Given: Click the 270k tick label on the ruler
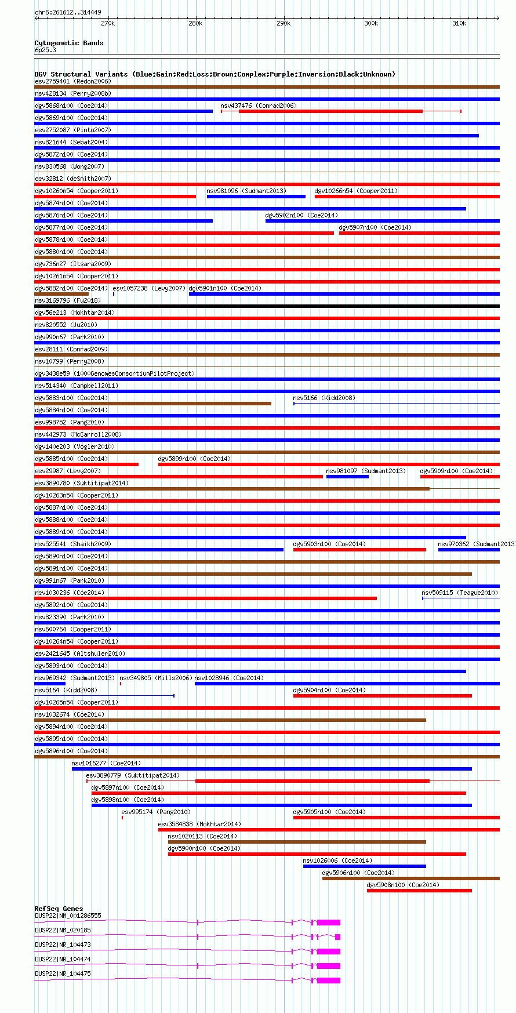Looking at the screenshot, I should [108, 24].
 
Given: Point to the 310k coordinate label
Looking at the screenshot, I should [459, 24].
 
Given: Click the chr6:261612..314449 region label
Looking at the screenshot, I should [68, 12].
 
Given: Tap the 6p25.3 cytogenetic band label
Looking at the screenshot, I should [45, 50].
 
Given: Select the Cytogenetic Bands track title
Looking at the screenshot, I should [68, 43].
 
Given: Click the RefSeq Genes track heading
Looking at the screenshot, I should [59, 909].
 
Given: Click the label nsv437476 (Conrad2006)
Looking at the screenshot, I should [258, 106].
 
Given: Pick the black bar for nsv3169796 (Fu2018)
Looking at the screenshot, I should [267, 306].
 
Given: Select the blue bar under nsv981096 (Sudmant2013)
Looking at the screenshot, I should [256, 197].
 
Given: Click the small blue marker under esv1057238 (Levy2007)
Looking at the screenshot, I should [114, 294].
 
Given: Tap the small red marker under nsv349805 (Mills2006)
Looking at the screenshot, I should [121, 684].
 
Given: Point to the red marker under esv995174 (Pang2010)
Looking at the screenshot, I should [122, 818].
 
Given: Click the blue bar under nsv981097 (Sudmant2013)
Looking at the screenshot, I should [347, 477].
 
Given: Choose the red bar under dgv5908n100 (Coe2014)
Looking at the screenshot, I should [419, 891].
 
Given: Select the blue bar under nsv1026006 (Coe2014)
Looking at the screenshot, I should [364, 866].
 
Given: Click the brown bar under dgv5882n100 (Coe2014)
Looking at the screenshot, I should [61, 294].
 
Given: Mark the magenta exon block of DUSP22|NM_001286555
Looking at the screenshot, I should [329, 922].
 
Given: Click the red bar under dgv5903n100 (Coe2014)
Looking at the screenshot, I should [359, 550].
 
